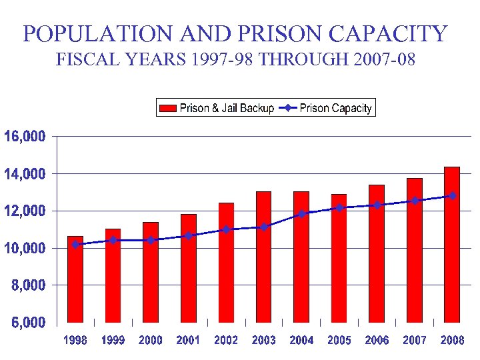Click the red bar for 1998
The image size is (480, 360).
[75, 280]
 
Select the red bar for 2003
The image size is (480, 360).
[264, 257]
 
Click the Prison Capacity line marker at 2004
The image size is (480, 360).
[302, 214]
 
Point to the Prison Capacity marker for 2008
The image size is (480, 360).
[453, 195]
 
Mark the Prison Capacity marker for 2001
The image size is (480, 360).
[189, 235]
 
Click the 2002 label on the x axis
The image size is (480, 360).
[226, 341]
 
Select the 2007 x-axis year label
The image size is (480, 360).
[415, 341]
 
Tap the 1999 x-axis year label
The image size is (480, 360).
[113, 341]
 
